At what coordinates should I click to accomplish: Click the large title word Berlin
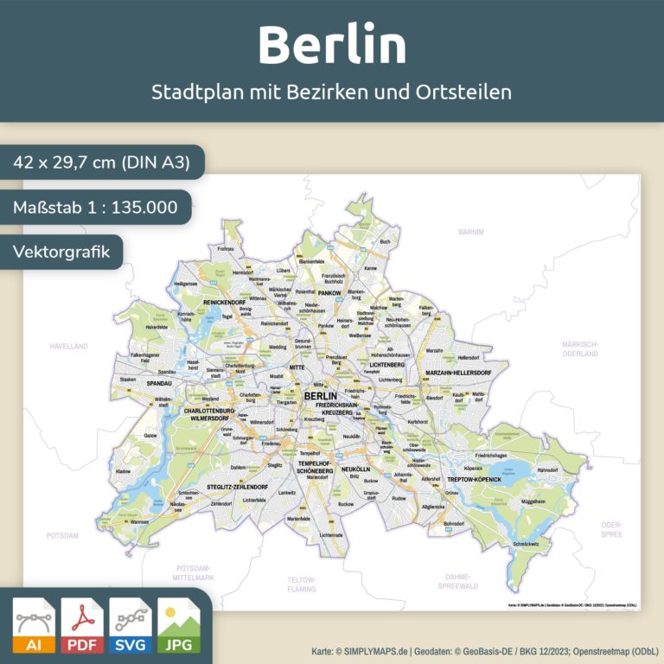pyautogui.click(x=332, y=45)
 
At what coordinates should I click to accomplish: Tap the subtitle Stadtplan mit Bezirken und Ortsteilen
pyautogui.click(x=332, y=92)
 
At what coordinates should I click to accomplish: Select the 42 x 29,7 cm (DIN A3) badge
pyautogui.click(x=97, y=163)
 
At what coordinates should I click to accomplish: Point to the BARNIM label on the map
pyautogui.click(x=471, y=233)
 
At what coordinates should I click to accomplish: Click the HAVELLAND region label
pyautogui.click(x=68, y=346)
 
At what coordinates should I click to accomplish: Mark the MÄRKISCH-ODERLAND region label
pyautogui.click(x=580, y=348)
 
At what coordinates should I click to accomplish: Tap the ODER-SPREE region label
pyautogui.click(x=611, y=529)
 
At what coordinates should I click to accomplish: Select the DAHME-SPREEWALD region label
pyautogui.click(x=457, y=580)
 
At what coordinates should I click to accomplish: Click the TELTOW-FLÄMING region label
pyautogui.click(x=303, y=584)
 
